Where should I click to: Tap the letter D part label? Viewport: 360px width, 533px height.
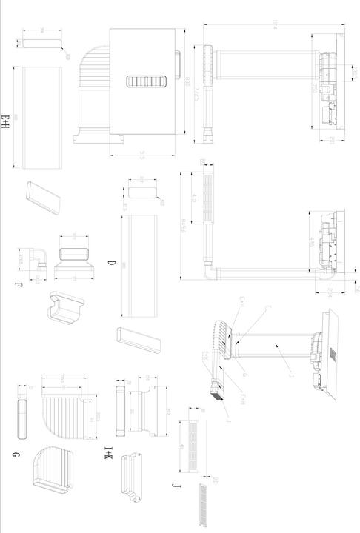pos(111,264)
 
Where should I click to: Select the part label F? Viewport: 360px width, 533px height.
pos(17,285)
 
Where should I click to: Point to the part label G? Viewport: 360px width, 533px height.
pos(15,453)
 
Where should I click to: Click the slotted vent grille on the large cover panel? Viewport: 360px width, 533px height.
pos(145,82)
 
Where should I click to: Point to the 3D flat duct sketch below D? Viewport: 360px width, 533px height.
pos(138,342)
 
